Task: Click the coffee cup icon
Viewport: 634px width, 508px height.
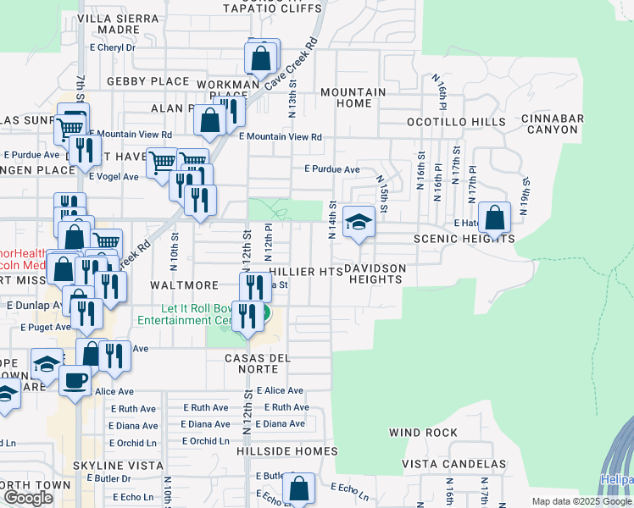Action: click(75, 380)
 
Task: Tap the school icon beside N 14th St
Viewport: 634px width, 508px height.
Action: click(359, 224)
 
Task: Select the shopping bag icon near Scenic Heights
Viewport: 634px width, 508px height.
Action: click(495, 218)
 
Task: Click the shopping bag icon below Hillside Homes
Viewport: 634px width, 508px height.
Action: click(298, 489)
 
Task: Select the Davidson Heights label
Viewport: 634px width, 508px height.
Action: click(375, 273)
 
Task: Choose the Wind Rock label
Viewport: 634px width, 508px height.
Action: click(423, 433)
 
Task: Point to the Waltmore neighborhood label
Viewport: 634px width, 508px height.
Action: click(184, 285)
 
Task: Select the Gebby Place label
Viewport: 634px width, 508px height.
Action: click(147, 81)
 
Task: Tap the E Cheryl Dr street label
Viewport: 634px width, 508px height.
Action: click(113, 47)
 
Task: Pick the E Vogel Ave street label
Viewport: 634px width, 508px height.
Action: click(114, 176)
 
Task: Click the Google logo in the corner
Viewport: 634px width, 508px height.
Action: click(28, 498)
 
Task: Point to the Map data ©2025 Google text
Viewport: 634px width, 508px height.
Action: click(581, 501)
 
